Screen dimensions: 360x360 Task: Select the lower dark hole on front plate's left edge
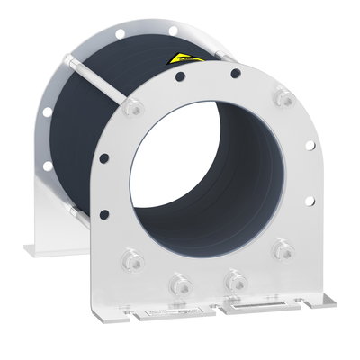click(x=104, y=213)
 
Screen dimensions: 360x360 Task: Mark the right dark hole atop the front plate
click(x=235, y=74)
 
